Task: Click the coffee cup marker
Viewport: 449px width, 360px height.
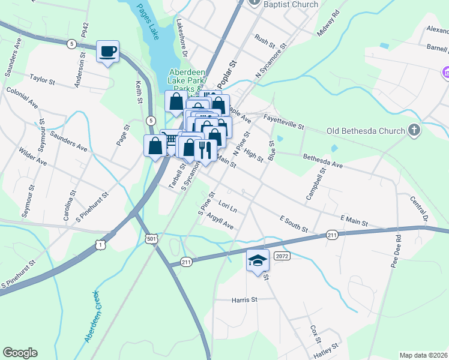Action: click(x=107, y=52)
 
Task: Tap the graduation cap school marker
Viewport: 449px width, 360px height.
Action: click(x=258, y=260)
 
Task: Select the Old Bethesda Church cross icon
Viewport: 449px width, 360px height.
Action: click(x=414, y=130)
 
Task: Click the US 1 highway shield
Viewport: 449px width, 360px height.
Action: click(x=101, y=244)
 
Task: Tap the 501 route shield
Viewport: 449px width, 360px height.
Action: click(x=152, y=239)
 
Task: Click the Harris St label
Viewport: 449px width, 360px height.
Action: click(x=244, y=299)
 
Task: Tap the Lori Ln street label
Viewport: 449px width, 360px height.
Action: click(x=228, y=206)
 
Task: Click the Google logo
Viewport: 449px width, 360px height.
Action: click(x=20, y=353)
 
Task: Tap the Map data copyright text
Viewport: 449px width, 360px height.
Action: click(x=423, y=355)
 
